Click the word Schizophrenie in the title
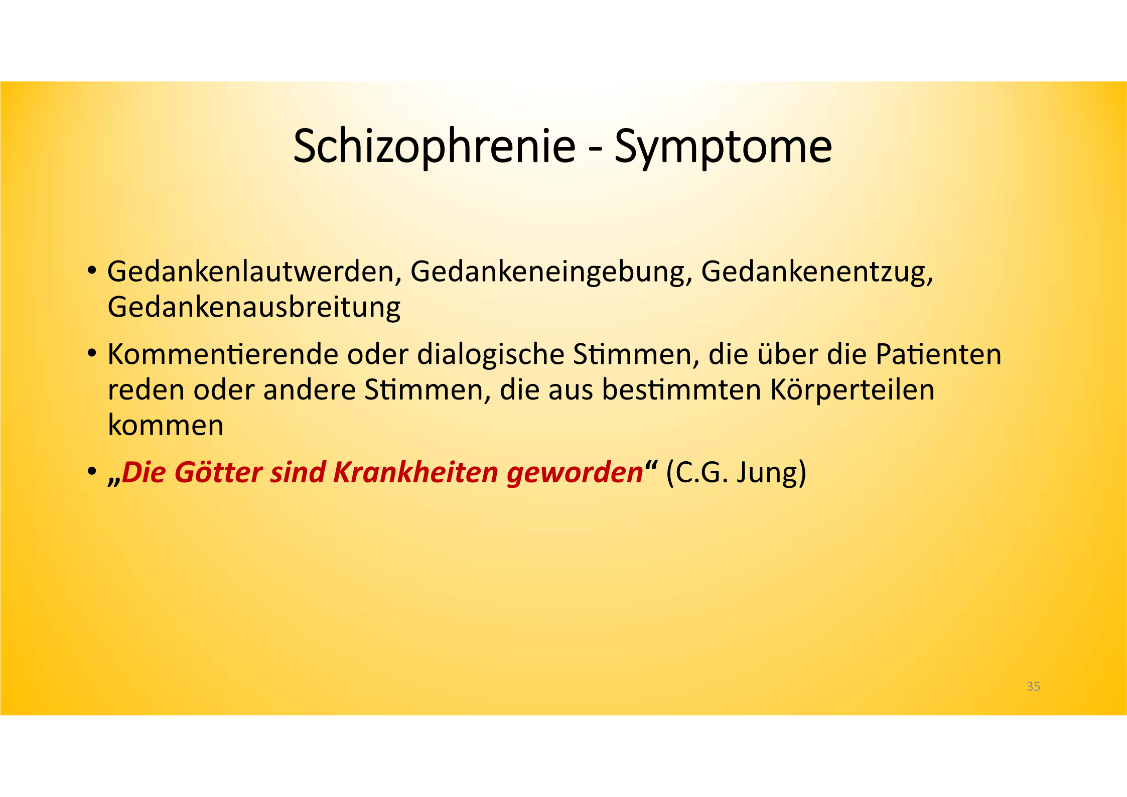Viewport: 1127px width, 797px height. (x=435, y=146)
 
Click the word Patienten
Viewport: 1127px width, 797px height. (x=938, y=354)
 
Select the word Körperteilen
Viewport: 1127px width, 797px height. (x=852, y=390)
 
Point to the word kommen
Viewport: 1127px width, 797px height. (x=166, y=425)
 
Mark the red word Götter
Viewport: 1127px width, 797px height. (x=218, y=472)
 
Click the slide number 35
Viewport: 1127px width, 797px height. (x=1033, y=686)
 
